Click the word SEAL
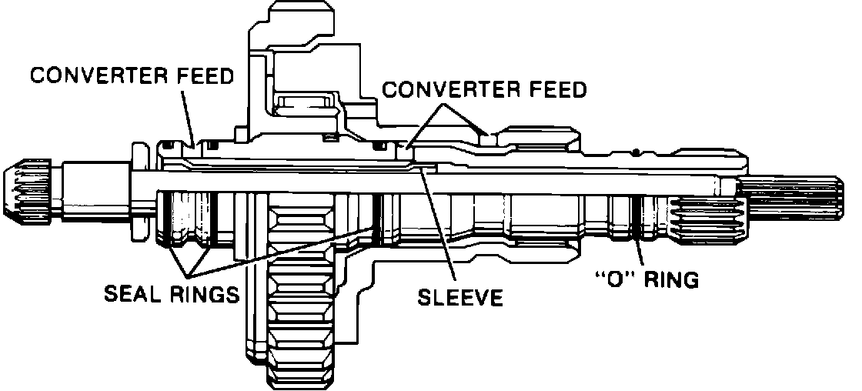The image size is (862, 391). (x=133, y=294)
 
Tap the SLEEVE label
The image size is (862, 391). (x=459, y=296)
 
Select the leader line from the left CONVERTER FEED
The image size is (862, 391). (x=188, y=115)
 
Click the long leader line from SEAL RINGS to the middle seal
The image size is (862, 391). (x=285, y=250)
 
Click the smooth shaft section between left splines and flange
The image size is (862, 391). (x=92, y=192)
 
